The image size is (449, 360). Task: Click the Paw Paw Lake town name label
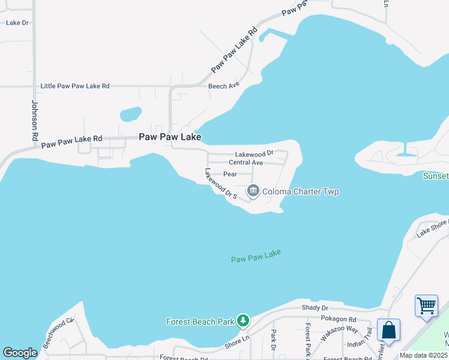[169, 137]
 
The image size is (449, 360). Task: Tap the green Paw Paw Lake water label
[256, 256]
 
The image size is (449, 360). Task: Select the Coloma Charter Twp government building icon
[253, 191]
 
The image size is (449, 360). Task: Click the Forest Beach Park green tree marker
[243, 321]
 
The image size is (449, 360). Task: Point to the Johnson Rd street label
[35, 121]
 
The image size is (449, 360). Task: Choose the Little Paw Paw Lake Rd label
[75, 86]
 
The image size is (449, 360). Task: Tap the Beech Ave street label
[224, 86]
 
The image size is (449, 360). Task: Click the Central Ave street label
[246, 163]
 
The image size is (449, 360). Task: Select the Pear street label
[231, 174]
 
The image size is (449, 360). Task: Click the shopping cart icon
[426, 305]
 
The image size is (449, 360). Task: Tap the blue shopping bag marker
[388, 331]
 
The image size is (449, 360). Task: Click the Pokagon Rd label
[339, 320]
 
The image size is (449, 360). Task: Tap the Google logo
[20, 353]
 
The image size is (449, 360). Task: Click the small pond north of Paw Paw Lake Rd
[130, 113]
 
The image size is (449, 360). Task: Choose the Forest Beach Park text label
[200, 322]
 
